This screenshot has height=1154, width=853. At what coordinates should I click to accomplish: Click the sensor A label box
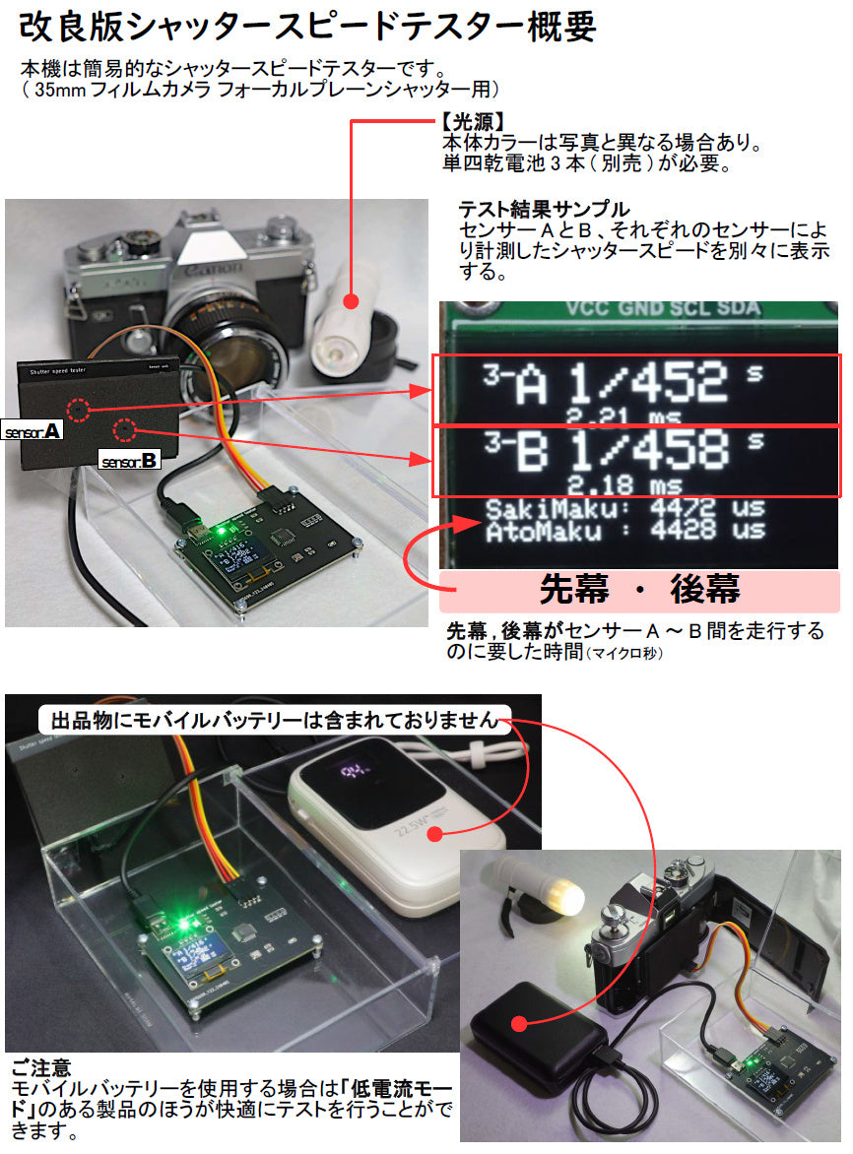click(33, 431)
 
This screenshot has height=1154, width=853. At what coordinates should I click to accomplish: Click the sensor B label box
click(129, 459)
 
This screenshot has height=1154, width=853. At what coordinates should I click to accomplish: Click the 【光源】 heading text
click(474, 123)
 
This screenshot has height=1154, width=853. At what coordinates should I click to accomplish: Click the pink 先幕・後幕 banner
click(640, 590)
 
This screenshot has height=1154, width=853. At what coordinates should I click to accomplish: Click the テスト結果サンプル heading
click(543, 210)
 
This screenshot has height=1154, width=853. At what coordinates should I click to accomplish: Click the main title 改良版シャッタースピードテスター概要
click(307, 27)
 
